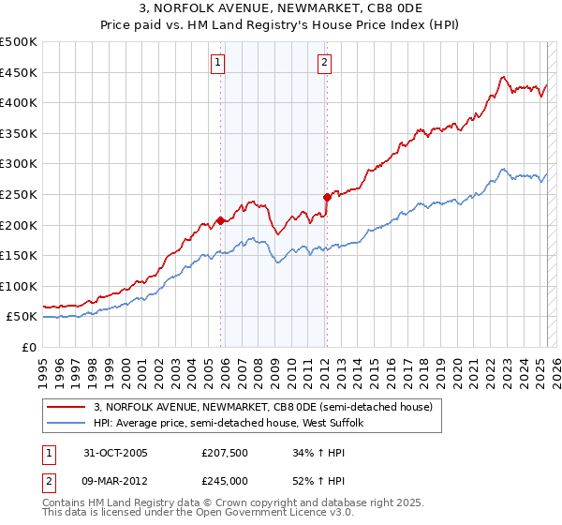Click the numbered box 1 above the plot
click(217, 63)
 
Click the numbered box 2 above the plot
click(324, 63)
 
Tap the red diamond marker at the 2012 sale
click(327, 197)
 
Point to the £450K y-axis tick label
click(19, 72)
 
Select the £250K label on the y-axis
click(19, 194)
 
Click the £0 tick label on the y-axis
click(29, 347)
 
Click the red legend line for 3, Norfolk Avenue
click(67, 408)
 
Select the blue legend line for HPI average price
click(67, 424)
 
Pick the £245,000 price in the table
click(224, 480)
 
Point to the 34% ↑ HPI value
click(319, 453)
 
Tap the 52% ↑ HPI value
click(319, 480)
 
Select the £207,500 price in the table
click(224, 453)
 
